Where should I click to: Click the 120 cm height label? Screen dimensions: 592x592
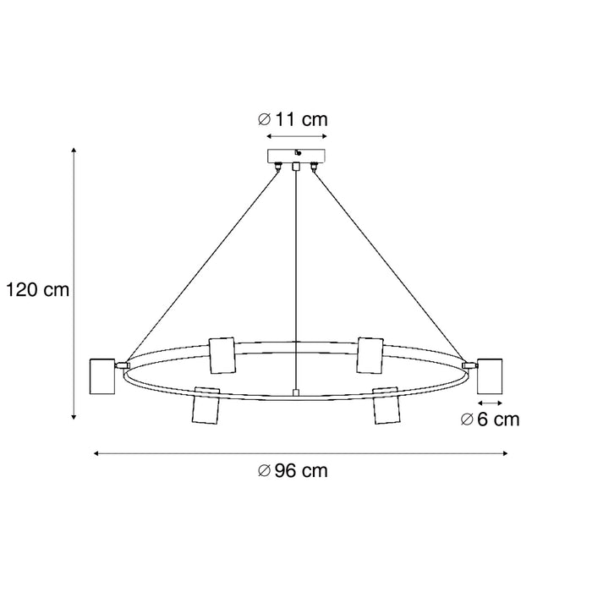[36, 290]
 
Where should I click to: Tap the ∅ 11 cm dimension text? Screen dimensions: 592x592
[292, 119]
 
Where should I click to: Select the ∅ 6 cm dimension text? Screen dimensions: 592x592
[491, 419]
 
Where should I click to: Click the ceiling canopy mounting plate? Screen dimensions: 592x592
[295, 156]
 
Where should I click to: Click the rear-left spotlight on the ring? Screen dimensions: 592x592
[222, 354]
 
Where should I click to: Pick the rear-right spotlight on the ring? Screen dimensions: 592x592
[369, 354]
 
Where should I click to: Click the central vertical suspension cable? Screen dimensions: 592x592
[295, 279]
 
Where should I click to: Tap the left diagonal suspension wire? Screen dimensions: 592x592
[203, 262]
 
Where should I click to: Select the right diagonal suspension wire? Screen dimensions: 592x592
[389, 262]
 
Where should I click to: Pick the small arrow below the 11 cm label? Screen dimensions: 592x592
[295, 135]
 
